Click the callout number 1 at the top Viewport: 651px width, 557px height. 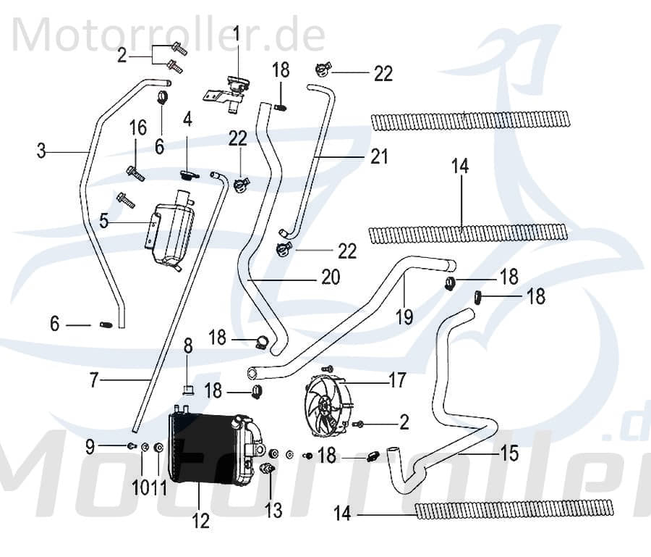click(236, 33)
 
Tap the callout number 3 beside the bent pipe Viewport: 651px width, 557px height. click(42, 151)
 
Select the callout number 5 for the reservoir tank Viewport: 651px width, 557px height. click(104, 220)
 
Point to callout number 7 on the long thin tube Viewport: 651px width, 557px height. click(93, 380)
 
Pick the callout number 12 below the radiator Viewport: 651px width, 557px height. click(200, 519)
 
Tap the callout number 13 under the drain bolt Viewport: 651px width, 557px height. click(273, 511)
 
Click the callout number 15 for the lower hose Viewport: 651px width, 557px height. click(509, 454)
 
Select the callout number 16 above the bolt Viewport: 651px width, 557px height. click(138, 129)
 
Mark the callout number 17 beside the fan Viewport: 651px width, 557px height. click(397, 380)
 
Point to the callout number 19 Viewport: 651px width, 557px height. click(404, 317)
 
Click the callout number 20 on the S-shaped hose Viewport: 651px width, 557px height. click(330, 277)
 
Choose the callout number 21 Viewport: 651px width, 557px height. click(380, 156)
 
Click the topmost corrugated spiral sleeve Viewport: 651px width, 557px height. click(473, 120)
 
